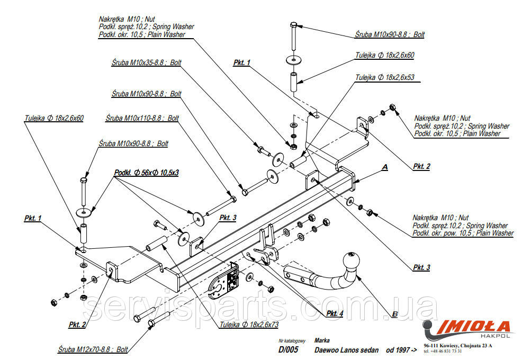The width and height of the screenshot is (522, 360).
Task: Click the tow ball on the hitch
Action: tap(350, 261)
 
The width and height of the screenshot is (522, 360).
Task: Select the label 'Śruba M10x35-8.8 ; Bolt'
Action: tap(146, 62)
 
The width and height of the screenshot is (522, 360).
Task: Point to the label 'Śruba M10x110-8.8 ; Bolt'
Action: tap(142, 118)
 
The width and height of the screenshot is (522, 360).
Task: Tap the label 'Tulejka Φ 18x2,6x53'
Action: tap(385, 77)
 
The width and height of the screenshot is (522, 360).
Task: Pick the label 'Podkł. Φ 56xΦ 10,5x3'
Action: tap(146, 173)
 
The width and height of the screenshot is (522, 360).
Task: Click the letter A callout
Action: tap(385, 167)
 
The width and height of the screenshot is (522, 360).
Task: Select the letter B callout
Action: tap(395, 314)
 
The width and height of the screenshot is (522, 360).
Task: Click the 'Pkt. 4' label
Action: tap(335, 313)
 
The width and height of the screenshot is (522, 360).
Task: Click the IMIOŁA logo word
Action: tap(473, 325)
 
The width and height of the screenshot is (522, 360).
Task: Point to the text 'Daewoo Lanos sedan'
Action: tap(346, 350)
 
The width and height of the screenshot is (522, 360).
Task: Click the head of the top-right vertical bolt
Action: tap(295, 24)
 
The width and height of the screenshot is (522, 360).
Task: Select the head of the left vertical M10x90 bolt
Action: tap(84, 182)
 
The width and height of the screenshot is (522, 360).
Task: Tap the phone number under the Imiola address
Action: tap(443, 351)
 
